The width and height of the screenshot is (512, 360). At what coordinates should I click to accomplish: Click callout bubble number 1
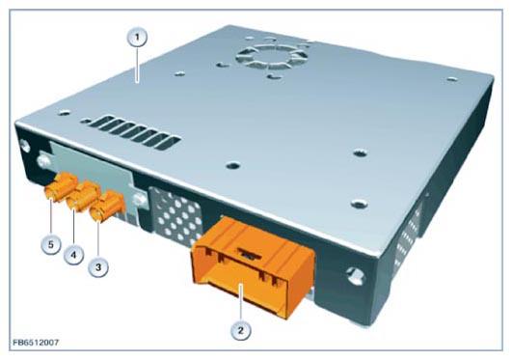[137, 38]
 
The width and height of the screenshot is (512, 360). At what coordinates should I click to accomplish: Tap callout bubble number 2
[241, 330]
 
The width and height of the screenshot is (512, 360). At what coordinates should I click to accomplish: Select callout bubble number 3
[98, 267]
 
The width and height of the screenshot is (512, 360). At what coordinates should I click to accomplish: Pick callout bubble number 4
[74, 255]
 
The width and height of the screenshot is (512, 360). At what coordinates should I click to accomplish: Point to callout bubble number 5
[51, 244]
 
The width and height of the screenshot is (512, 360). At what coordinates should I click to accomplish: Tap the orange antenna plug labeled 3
[108, 207]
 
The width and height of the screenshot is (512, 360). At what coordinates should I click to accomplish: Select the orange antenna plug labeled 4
[83, 196]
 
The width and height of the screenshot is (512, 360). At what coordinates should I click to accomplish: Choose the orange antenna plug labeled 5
[62, 187]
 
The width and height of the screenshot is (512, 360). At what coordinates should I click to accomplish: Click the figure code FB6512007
[37, 343]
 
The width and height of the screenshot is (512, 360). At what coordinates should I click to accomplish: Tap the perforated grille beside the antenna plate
[177, 216]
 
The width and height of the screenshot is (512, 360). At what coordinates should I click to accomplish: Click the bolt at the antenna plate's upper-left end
[43, 161]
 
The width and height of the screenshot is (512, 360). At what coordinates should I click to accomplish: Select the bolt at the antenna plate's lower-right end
[140, 200]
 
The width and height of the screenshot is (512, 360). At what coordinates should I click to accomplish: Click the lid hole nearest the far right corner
[451, 79]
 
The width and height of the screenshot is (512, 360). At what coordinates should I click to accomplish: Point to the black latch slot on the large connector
[251, 253]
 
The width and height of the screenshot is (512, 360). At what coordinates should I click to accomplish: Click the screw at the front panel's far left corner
[25, 146]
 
